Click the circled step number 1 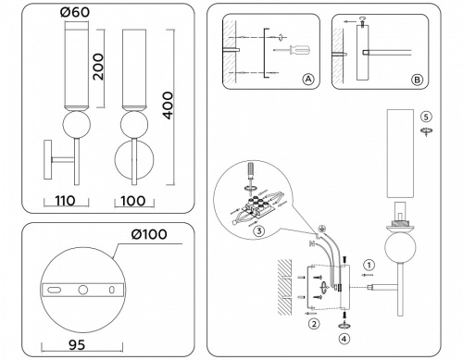[x=368, y=264]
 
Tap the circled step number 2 [x=314, y=323]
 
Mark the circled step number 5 [x=426, y=117]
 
